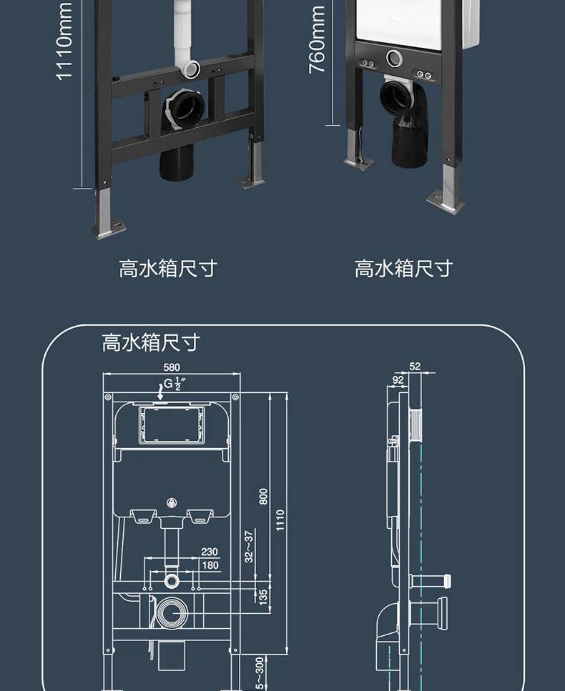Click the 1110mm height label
(x=64, y=41)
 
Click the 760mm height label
(x=317, y=40)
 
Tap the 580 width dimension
(x=172, y=367)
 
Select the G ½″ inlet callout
(x=172, y=384)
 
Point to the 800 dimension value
(x=263, y=496)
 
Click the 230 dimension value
(x=210, y=552)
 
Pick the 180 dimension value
(x=210, y=565)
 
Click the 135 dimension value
(x=263, y=597)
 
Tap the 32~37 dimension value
(x=249, y=547)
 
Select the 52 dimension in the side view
(x=415, y=366)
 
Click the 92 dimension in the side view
(x=398, y=380)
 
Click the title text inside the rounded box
(x=151, y=342)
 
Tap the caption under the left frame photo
(x=168, y=269)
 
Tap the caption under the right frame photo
(x=403, y=269)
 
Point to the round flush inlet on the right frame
(x=394, y=58)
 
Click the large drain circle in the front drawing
(x=172, y=612)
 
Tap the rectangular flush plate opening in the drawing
(x=172, y=426)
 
